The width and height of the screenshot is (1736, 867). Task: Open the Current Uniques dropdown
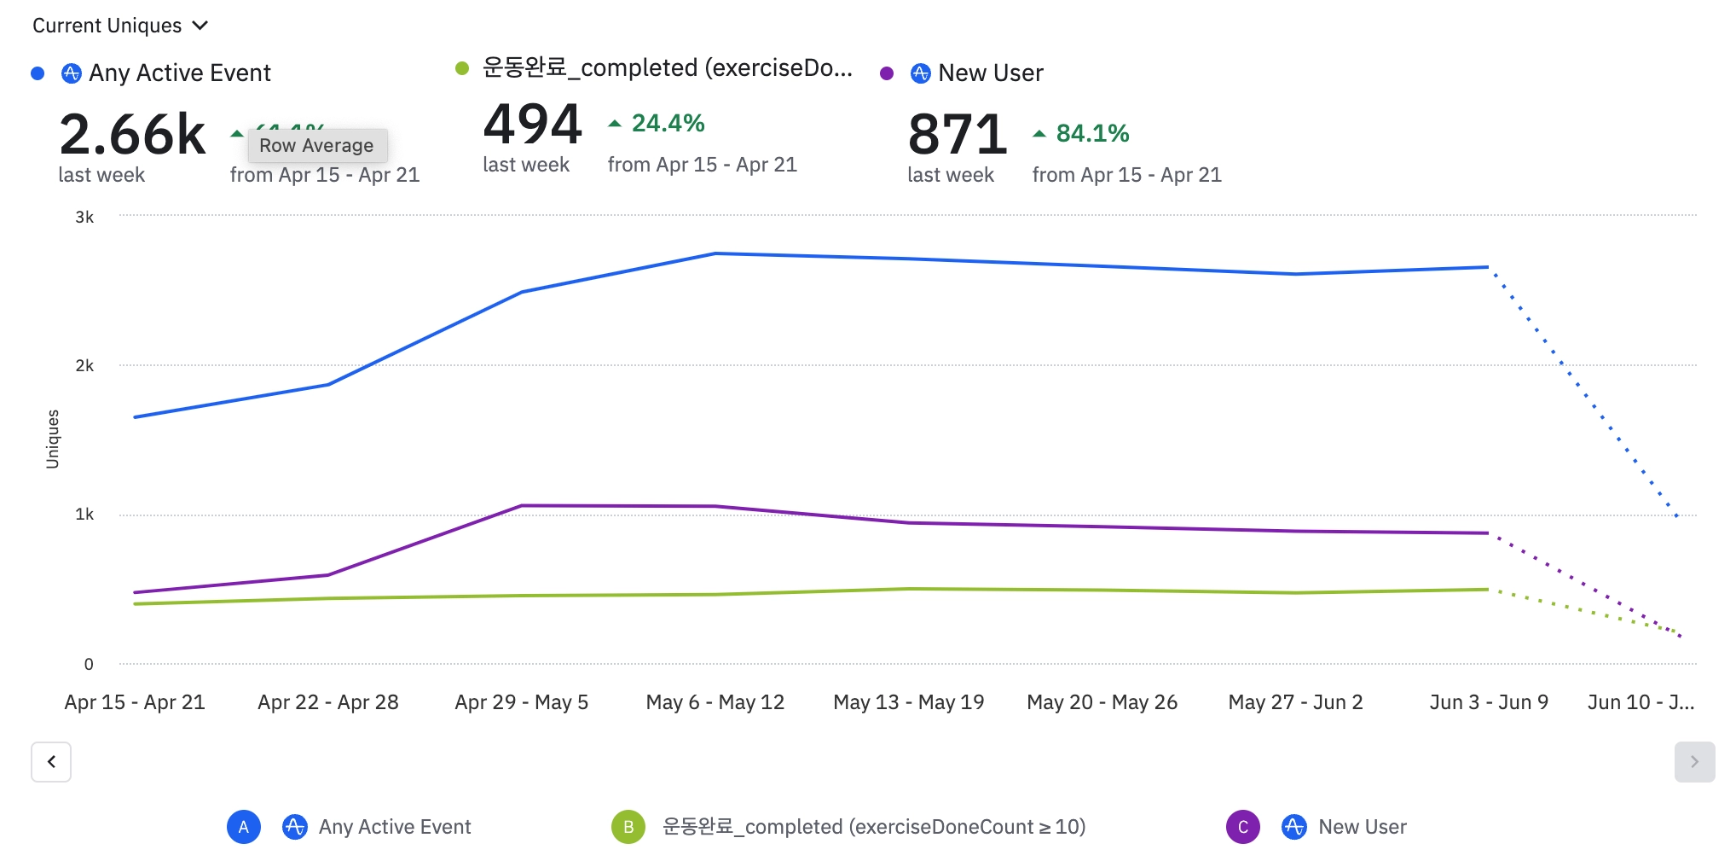[119, 26]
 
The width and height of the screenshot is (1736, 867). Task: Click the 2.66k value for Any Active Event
[132, 135]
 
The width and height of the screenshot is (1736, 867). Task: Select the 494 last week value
[532, 125]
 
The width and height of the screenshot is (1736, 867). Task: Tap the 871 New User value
[957, 135]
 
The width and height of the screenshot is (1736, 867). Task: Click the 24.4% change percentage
[668, 124]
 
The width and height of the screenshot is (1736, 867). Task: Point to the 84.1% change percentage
[1092, 134]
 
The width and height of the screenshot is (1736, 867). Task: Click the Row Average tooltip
[316, 146]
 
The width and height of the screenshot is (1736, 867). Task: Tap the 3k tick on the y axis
[84, 217]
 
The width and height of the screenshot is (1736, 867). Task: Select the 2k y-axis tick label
[84, 366]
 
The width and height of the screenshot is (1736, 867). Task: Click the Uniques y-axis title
[53, 439]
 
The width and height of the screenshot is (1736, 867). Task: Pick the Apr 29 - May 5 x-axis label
[521, 702]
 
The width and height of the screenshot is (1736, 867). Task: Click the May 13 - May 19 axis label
[908, 702]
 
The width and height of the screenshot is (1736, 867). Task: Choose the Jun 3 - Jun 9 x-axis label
[1489, 702]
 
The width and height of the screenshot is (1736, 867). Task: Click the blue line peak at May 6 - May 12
[715, 253]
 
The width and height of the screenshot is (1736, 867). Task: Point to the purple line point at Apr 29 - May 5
[522, 506]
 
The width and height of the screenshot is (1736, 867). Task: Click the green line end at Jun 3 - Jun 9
[1488, 590]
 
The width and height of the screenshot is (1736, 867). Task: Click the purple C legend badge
[1242, 827]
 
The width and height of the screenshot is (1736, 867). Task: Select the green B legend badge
[628, 827]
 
